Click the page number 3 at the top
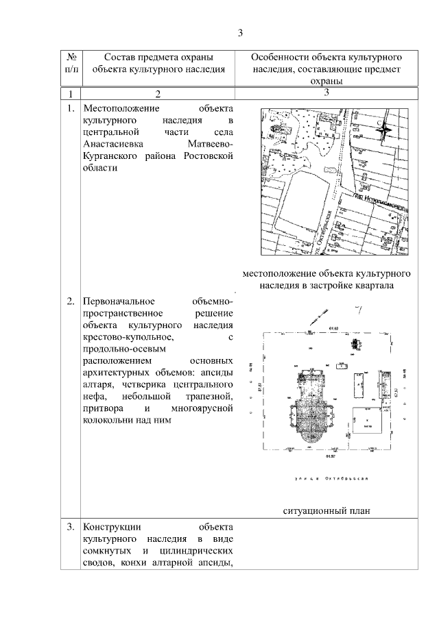click(240, 32)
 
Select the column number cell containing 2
click(157, 93)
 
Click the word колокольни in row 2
click(107, 421)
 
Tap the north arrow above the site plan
click(319, 317)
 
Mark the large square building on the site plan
click(369, 419)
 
